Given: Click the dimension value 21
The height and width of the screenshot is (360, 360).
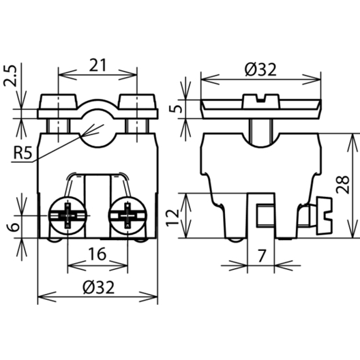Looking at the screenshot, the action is point(97,65).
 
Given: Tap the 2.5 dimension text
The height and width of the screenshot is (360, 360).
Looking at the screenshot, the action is point(10,76).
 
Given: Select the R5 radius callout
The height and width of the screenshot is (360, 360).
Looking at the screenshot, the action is point(22,153).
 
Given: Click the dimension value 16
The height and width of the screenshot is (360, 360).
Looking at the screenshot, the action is point(97,254).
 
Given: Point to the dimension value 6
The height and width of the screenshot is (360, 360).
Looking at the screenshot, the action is point(14,227).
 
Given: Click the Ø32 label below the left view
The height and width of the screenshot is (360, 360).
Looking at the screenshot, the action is point(99,287).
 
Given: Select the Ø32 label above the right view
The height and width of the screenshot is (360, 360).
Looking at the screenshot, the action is point(261,70).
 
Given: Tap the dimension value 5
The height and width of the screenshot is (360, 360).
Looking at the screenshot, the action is point(176,109).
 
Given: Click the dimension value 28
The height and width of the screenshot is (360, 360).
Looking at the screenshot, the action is point(342,185).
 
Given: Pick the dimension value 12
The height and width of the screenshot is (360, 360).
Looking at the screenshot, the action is point(172,217).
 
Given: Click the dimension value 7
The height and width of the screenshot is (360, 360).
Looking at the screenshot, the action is point(262,256).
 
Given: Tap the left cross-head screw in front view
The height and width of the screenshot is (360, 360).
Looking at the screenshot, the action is point(67,215).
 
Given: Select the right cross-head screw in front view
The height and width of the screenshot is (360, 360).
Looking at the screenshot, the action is point(127,215).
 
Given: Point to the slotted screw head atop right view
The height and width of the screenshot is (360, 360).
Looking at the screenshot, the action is point(261,101).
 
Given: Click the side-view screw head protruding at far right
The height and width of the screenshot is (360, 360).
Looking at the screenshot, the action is point(324,215).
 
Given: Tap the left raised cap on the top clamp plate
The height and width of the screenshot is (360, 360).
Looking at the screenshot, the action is point(59,101).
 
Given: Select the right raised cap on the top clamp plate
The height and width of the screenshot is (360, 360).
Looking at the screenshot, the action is point(137,101).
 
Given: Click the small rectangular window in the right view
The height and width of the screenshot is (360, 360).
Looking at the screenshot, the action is point(265,215).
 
